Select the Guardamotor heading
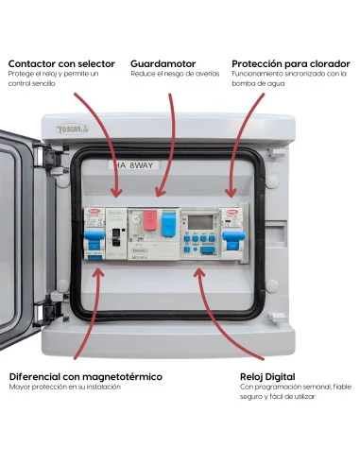click(x=163, y=62)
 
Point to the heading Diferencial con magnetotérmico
click(x=85, y=376)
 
